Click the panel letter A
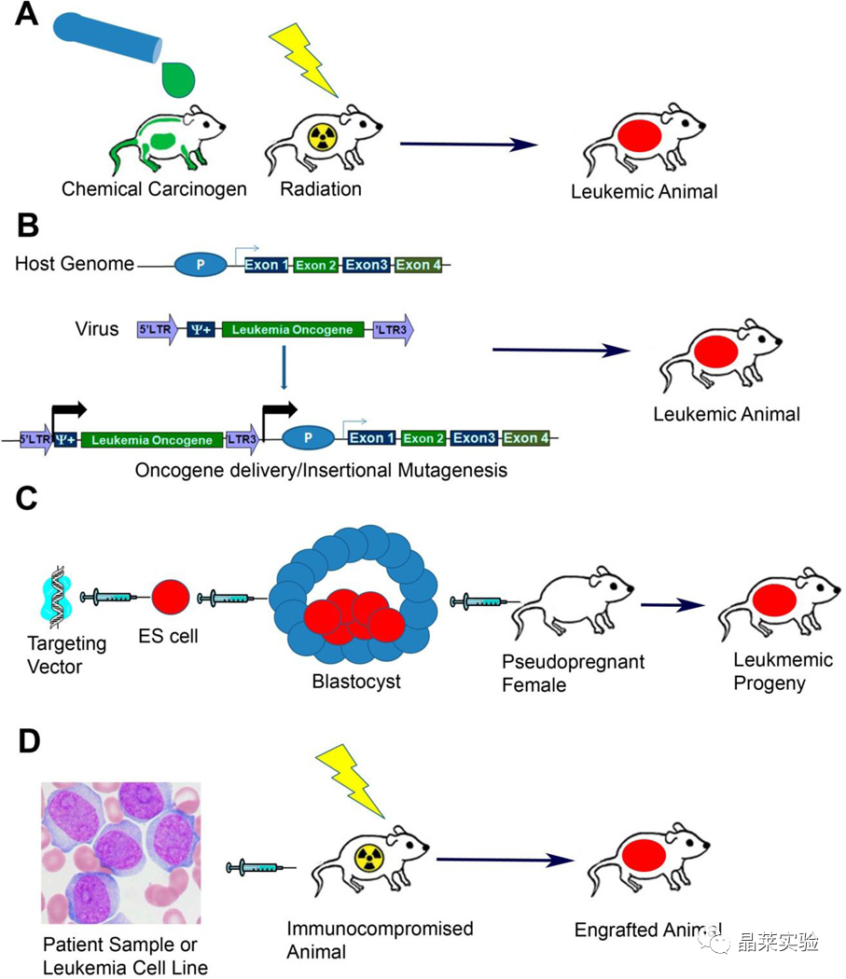[26, 14]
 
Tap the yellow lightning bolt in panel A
[302, 60]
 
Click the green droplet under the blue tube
[178, 79]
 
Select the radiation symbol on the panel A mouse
[323, 137]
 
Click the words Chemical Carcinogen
[154, 188]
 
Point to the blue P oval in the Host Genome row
[200, 265]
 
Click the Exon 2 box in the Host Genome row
[316, 266]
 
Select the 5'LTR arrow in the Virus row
[158, 329]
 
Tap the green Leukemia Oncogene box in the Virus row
[292, 329]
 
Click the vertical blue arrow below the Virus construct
[284, 367]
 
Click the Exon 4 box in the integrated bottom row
[526, 438]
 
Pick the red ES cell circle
[171, 597]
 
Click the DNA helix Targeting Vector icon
[58, 597]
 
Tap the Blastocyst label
[356, 682]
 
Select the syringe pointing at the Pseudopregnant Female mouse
[485, 602]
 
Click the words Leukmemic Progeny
[783, 671]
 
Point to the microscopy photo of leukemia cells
[121, 853]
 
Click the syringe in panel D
[261, 867]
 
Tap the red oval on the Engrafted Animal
[644, 855]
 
